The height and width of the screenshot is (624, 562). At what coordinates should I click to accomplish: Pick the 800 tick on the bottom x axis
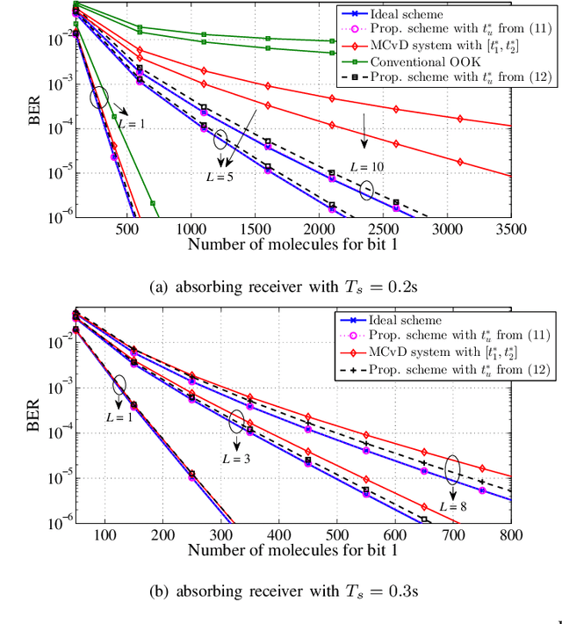pos(509,533)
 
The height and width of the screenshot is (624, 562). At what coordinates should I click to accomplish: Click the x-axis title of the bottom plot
pos(292,550)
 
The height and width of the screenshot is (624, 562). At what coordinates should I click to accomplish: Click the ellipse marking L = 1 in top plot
pos(100,98)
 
